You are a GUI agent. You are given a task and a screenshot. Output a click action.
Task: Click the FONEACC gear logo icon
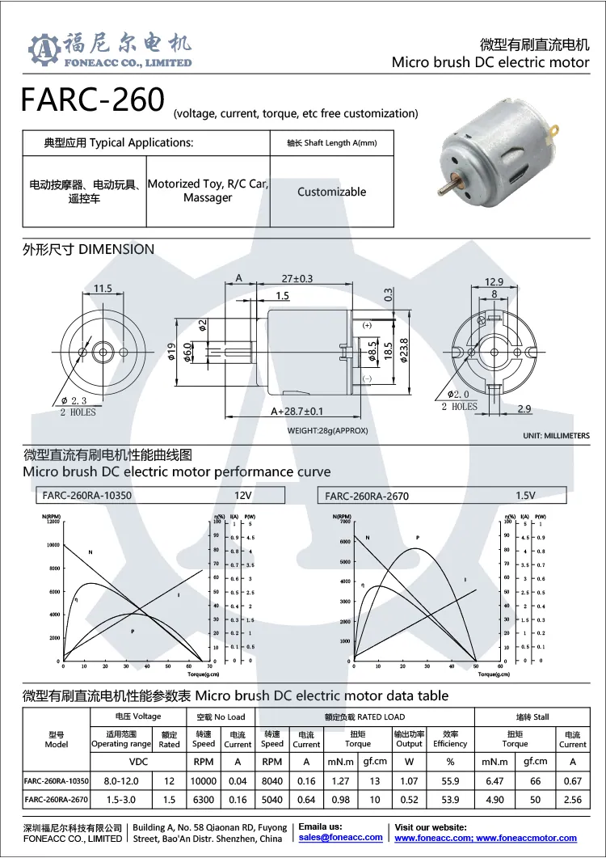pos(44,49)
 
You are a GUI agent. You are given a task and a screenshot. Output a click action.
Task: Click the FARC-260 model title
pos(91,100)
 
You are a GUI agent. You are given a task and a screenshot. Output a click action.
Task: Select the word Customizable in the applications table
pos(331,192)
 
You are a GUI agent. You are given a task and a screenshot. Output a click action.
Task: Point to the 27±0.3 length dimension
pos(297,278)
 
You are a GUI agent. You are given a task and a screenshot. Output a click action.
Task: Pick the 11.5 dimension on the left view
pos(103,288)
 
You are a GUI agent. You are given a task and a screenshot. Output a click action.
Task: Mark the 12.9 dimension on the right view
pos(494,281)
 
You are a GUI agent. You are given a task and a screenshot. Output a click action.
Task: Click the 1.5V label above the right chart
pos(526,495)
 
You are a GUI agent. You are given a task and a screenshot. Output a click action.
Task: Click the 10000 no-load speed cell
pos(203,781)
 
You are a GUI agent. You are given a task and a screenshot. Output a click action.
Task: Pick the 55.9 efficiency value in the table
pos(450,781)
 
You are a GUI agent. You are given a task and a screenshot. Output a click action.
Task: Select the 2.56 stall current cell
pos(572,800)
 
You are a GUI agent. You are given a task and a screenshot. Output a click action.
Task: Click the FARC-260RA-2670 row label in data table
pos(57,800)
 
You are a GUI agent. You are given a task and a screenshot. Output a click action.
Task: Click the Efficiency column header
pos(450,743)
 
